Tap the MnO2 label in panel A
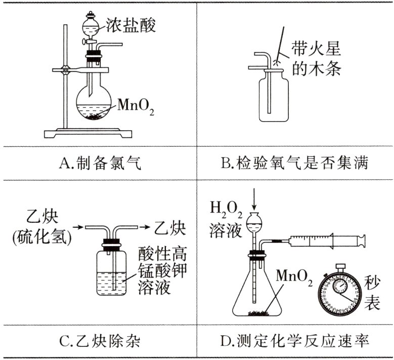pyautogui.click(x=135, y=107)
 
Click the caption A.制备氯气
pyautogui.click(x=99, y=163)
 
